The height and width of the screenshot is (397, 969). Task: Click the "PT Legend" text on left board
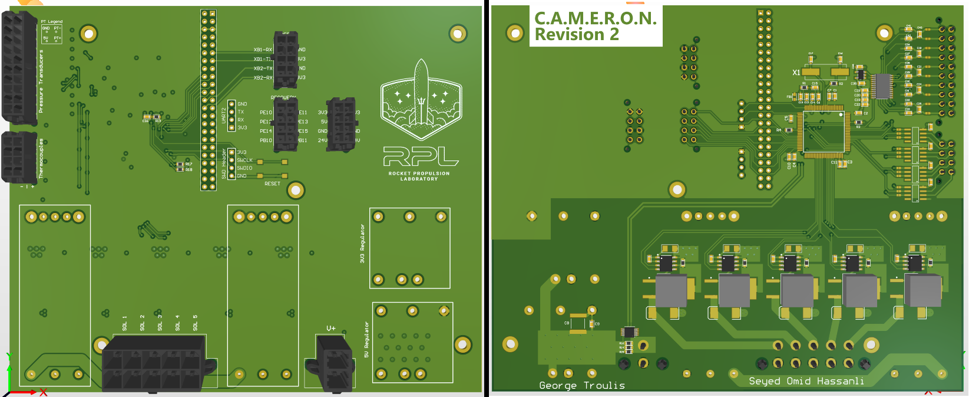51,22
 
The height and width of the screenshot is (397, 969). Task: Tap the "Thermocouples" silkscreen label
41,159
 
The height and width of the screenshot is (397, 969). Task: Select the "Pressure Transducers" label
41,81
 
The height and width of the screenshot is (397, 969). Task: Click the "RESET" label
272,184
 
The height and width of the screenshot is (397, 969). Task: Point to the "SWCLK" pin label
244,160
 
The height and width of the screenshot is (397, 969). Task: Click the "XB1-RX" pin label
263,50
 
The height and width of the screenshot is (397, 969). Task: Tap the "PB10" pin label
266,140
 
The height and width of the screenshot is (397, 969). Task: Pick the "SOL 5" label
196,323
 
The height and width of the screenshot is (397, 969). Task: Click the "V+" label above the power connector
331,328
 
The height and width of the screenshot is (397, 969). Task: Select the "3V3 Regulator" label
362,243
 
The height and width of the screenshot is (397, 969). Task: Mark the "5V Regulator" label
366,340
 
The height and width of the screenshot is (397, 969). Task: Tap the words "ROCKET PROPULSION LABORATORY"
419,176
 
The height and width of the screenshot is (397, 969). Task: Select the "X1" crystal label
796,73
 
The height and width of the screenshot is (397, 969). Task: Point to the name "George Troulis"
582,385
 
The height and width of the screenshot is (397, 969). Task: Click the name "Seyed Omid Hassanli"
806,381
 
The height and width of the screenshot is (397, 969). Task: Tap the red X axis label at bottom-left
43,392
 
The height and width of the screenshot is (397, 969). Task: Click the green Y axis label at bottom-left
9,356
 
